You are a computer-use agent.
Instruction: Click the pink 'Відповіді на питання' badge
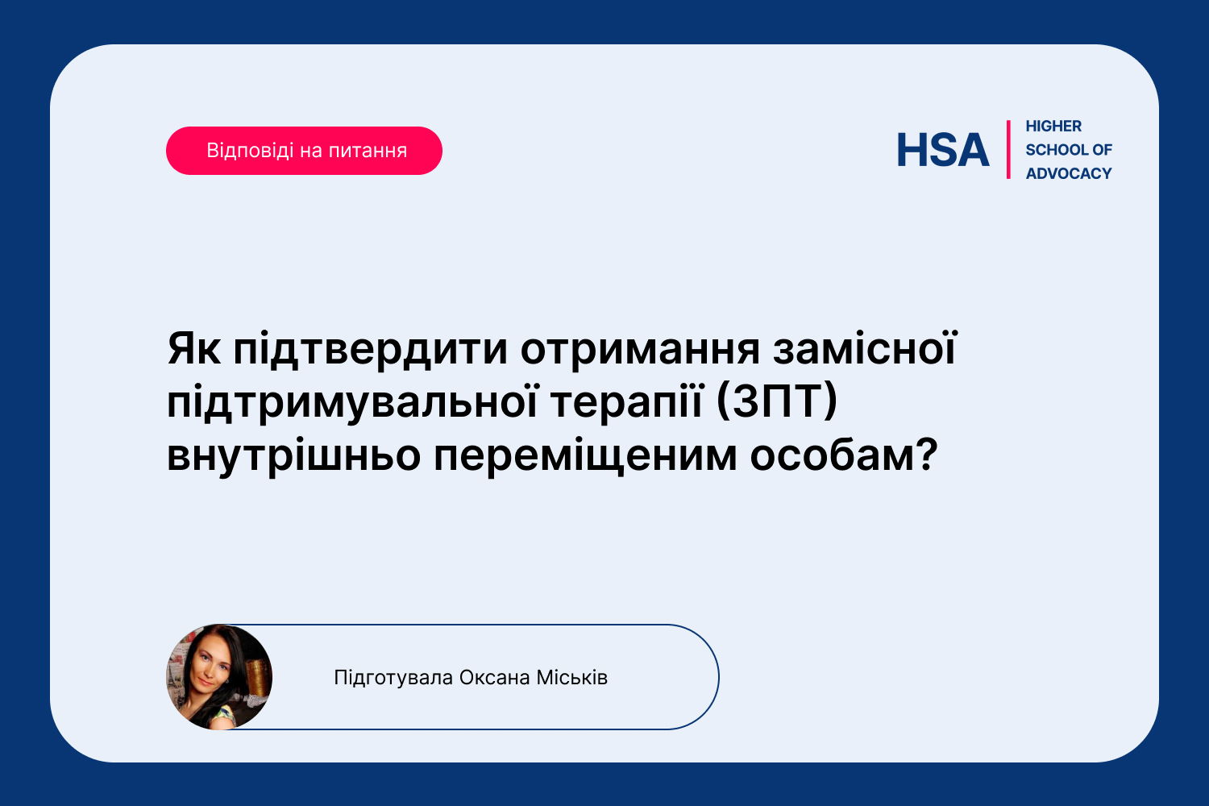pyautogui.click(x=304, y=151)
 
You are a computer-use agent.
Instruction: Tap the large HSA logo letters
pyautogui.click(x=943, y=150)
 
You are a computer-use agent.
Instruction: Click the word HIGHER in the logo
pyautogui.click(x=1053, y=127)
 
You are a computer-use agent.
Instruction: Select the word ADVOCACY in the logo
pyautogui.click(x=1069, y=174)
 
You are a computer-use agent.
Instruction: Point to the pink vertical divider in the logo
pyautogui.click(x=1008, y=150)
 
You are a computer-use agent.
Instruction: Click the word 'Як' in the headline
pyautogui.click(x=193, y=349)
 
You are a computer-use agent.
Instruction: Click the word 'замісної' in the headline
pyautogui.click(x=865, y=348)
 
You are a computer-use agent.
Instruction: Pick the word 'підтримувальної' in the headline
pyautogui.click(x=352, y=403)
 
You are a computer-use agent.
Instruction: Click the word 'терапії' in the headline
pyautogui.click(x=626, y=403)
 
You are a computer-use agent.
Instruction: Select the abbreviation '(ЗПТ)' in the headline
pyautogui.click(x=777, y=401)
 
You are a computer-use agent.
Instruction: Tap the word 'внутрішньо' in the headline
pyautogui.click(x=293, y=456)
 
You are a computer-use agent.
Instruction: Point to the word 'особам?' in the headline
pyautogui.click(x=844, y=455)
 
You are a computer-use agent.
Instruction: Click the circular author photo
pyautogui.click(x=219, y=677)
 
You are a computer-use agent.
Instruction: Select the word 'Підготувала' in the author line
pyautogui.click(x=393, y=678)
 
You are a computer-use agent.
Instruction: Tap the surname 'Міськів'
pyautogui.click(x=571, y=678)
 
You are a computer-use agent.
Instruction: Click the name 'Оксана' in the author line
pyautogui.click(x=494, y=678)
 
